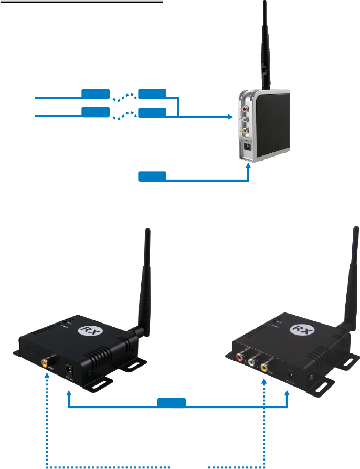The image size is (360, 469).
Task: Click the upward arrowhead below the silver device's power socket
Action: click(x=248, y=165)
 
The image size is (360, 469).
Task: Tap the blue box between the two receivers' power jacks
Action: click(x=172, y=403)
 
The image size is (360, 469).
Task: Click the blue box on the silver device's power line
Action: click(x=152, y=176)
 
